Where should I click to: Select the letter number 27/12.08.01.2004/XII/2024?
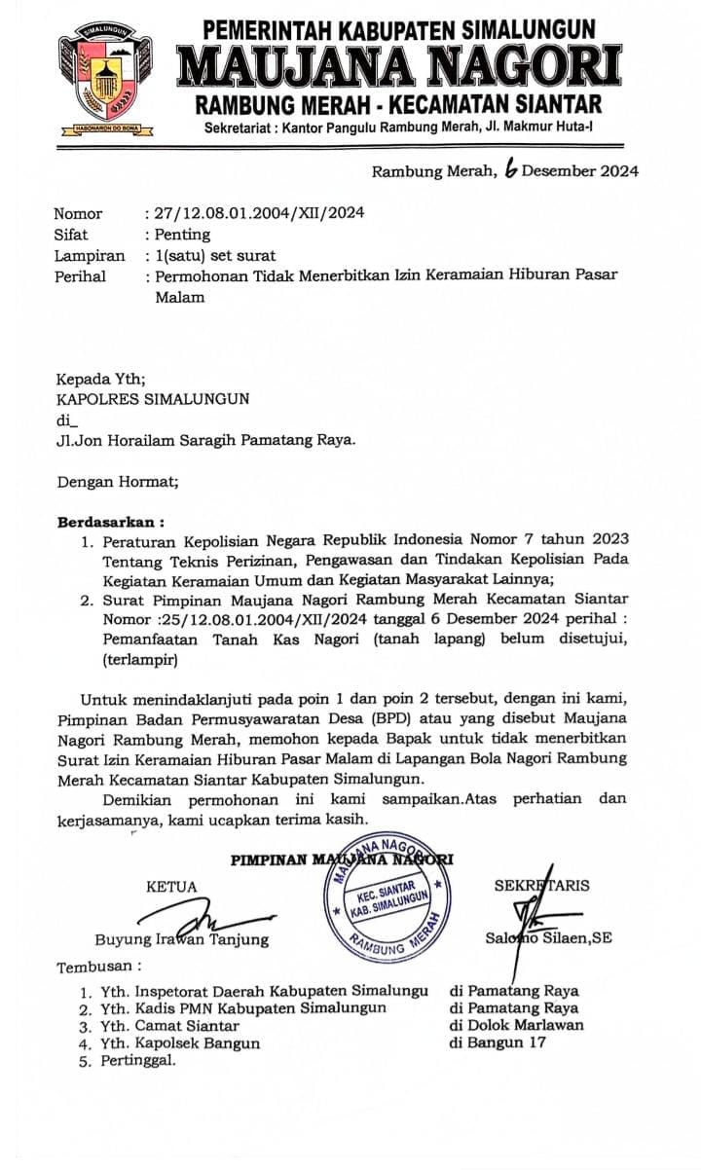[257, 213]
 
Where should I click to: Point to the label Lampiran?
[90, 255]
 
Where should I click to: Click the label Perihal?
[80, 276]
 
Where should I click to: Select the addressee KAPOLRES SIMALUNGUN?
[153, 398]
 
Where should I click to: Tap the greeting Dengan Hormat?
[118, 481]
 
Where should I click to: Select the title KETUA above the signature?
[171, 887]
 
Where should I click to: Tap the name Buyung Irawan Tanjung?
[181, 939]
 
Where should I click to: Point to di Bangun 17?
[498, 1043]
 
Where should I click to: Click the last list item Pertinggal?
[138, 1061]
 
